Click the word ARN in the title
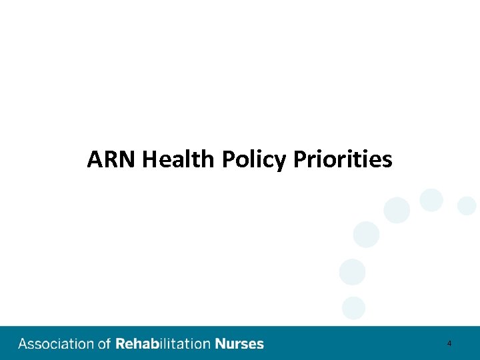click(x=111, y=160)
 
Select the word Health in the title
click(x=178, y=160)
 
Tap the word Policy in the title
click(x=252, y=160)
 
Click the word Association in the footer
click(x=56, y=344)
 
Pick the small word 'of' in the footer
click(x=104, y=344)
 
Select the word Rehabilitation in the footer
click(x=163, y=344)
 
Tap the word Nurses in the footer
click(x=239, y=344)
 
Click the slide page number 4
click(x=449, y=343)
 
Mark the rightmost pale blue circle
click(x=467, y=205)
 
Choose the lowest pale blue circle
click(x=353, y=307)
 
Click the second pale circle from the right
click(x=431, y=199)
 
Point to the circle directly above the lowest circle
click(x=352, y=272)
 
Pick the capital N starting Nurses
click(x=219, y=344)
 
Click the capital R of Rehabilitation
click(x=120, y=344)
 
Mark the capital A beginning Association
click(x=23, y=344)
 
